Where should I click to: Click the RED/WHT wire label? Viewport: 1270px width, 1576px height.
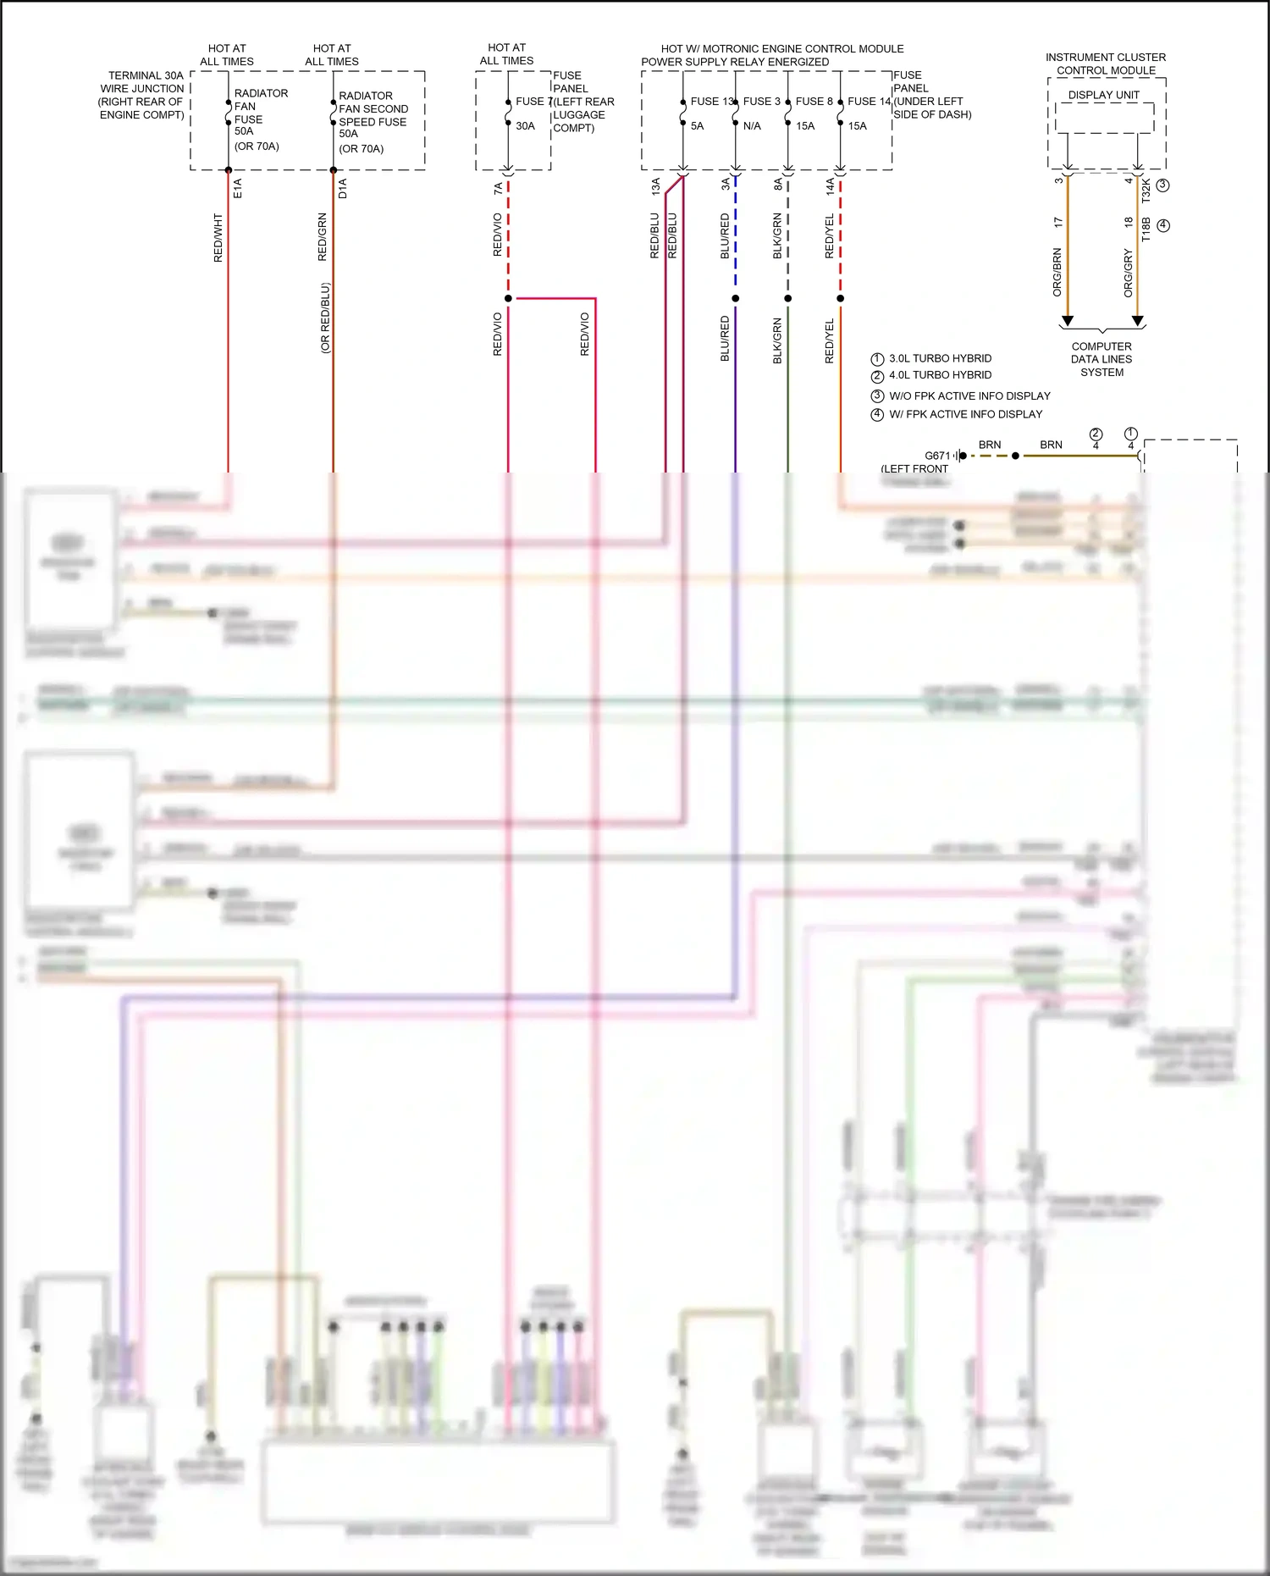point(218,237)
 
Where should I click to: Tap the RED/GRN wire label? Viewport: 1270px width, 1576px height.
point(323,237)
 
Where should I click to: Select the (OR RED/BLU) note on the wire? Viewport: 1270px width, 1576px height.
point(326,318)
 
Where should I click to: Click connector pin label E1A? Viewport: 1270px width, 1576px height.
point(238,188)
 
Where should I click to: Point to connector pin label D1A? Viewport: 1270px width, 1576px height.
point(343,188)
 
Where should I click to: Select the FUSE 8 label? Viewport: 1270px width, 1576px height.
point(814,102)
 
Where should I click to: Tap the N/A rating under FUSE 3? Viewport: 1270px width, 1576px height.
point(752,126)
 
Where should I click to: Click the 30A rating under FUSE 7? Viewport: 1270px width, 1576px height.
point(525,126)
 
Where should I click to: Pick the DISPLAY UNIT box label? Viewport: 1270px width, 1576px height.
point(1103,95)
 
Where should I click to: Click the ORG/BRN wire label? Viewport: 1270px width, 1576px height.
point(1057,272)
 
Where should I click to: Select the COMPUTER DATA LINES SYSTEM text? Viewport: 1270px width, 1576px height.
point(1102,359)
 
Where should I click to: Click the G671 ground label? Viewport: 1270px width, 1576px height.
point(937,456)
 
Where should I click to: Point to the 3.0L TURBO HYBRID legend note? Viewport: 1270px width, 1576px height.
point(940,359)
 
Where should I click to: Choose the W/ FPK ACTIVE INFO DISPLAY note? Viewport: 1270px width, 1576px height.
point(965,414)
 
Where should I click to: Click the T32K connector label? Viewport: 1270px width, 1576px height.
point(1146,190)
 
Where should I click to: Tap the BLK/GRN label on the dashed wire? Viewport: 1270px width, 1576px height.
point(777,236)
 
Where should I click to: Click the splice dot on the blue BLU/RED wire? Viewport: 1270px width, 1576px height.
point(736,298)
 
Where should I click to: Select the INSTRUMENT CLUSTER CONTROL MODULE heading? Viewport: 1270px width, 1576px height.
point(1106,64)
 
